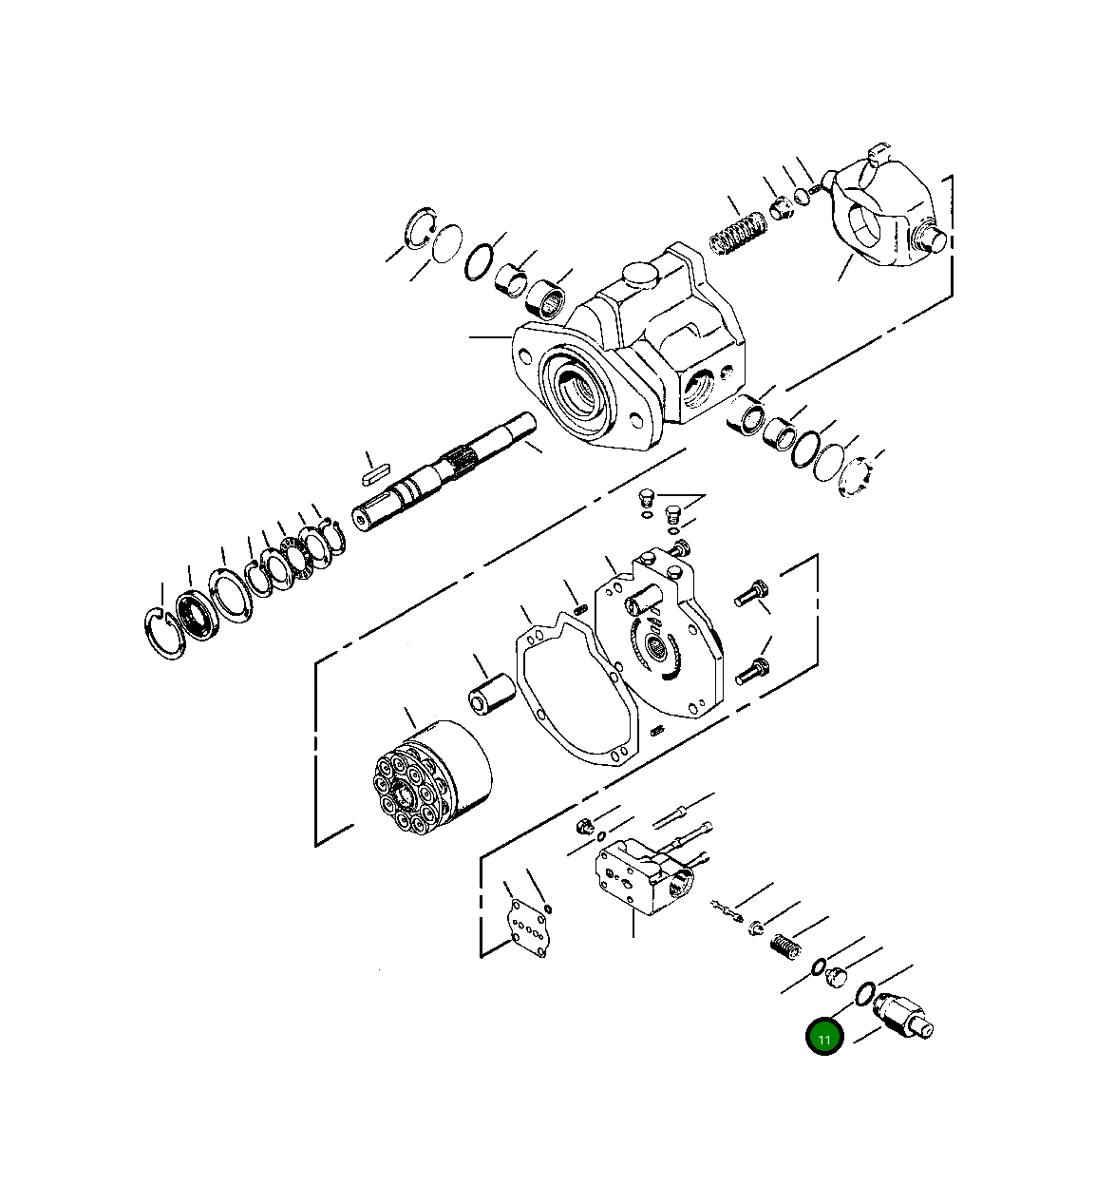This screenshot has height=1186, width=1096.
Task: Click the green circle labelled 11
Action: [x=823, y=1038]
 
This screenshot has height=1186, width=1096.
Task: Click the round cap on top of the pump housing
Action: [x=637, y=275]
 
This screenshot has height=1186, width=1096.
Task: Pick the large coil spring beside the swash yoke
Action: [x=738, y=234]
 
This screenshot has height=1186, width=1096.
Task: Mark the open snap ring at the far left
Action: [x=166, y=633]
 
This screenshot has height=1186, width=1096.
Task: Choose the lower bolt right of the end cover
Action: [x=751, y=671]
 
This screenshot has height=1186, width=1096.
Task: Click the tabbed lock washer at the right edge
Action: [x=859, y=476]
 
